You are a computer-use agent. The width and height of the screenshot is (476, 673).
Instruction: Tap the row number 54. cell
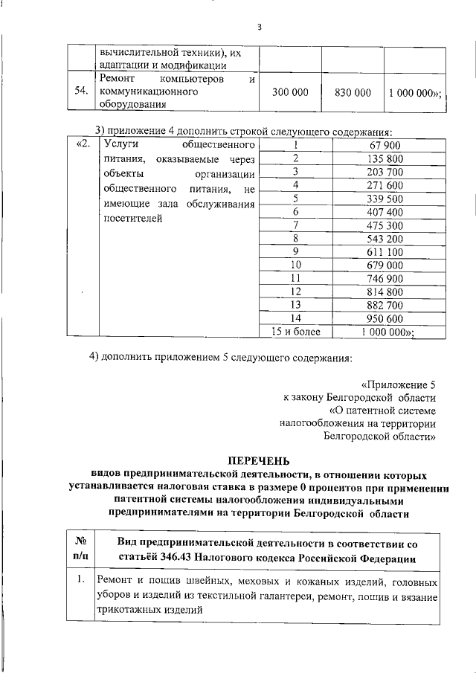80,91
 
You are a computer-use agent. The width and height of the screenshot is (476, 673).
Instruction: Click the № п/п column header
81,548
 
